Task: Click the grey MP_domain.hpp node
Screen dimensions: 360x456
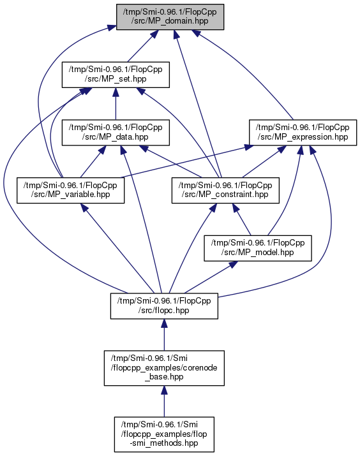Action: [x=170, y=17]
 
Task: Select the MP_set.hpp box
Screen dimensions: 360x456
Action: [x=116, y=75]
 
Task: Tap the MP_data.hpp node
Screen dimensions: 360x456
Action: [x=116, y=132]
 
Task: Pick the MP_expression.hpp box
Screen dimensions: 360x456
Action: [x=303, y=132]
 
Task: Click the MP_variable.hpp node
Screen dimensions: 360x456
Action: [x=70, y=190]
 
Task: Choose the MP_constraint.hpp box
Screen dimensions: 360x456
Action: [x=225, y=190]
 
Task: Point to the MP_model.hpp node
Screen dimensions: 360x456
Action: [x=258, y=248]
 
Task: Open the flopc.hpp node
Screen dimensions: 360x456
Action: [x=164, y=306]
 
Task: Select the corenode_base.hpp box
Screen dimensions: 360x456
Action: [x=164, y=368]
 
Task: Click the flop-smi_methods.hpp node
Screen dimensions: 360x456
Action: [x=164, y=434]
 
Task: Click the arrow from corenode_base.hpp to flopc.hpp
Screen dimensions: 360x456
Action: [x=164, y=335]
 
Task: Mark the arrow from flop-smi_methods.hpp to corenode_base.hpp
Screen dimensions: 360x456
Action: [x=164, y=401]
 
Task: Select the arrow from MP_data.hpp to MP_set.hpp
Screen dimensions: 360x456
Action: [x=116, y=103]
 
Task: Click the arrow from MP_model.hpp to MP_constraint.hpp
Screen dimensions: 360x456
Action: [x=241, y=219]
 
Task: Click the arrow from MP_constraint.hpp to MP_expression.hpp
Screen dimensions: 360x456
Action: [x=264, y=161]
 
